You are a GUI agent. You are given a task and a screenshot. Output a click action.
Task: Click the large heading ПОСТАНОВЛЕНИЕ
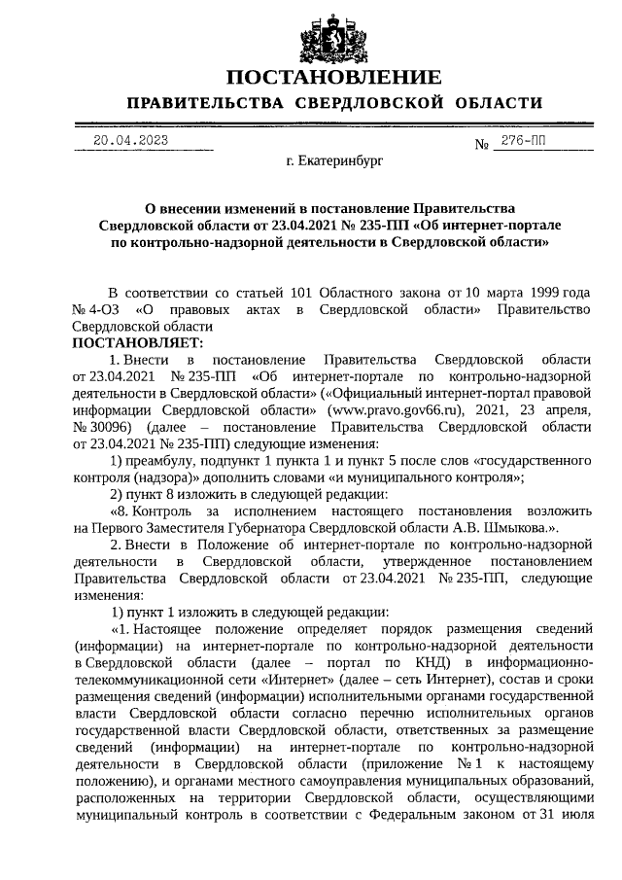(x=333, y=78)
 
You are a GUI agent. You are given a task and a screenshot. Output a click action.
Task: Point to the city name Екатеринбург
(x=334, y=160)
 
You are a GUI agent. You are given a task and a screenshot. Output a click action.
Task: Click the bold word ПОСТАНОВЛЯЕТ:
(x=138, y=343)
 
